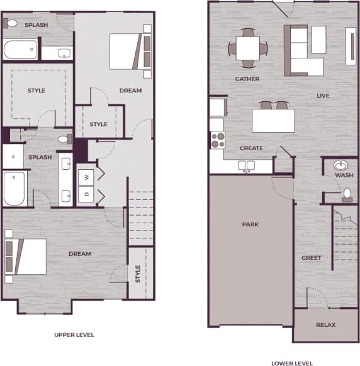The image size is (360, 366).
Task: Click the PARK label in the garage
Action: tap(250, 225)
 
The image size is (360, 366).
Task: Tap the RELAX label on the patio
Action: tap(325, 325)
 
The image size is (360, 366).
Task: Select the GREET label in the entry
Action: tap(311, 258)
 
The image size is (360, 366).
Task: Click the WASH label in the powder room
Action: tap(344, 175)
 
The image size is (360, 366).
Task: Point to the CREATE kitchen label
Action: tap(251, 148)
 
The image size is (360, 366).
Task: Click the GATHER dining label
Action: tap(247, 79)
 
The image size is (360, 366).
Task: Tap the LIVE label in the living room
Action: tap(323, 96)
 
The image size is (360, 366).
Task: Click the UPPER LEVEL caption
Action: tap(74, 335)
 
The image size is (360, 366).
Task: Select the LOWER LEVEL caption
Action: tap(292, 363)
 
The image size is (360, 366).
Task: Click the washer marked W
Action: tap(86, 175)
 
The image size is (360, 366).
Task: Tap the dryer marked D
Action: tap(86, 194)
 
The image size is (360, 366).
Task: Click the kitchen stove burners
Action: tap(218, 140)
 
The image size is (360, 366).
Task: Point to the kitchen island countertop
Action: tap(273, 120)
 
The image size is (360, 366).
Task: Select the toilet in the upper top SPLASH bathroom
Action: tap(11, 24)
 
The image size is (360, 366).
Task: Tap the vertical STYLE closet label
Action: tap(138, 274)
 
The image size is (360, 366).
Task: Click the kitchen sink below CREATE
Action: tap(247, 166)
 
